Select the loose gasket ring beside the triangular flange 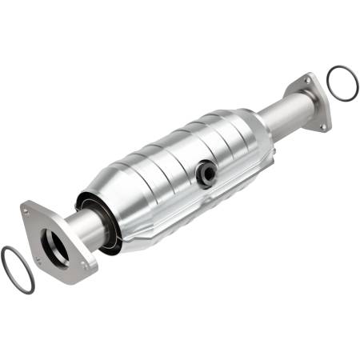[17, 270]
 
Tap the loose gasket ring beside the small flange [342, 82]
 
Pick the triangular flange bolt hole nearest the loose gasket [38, 261]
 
